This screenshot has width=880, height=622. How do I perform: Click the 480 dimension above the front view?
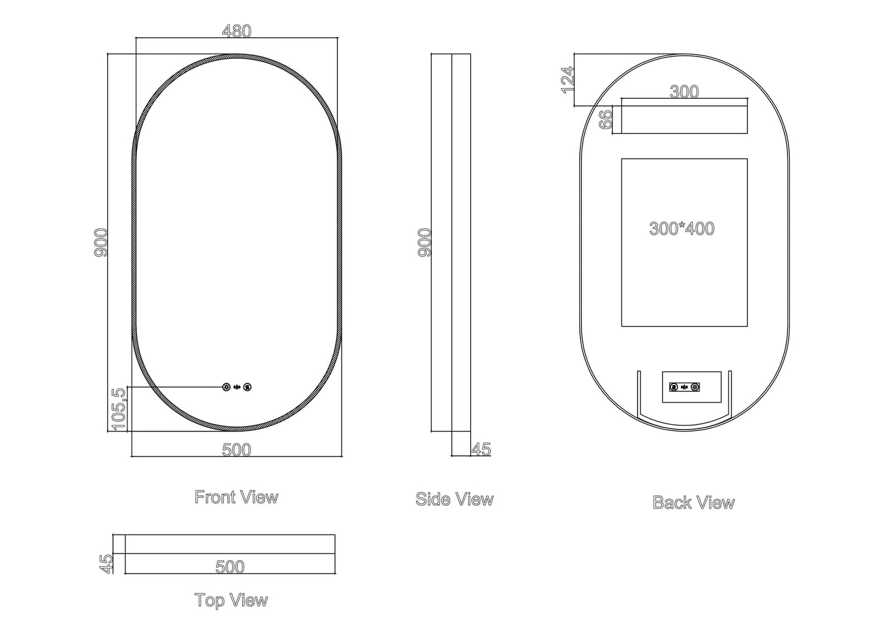coord(236,32)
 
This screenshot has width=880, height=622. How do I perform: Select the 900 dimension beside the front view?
coord(102,242)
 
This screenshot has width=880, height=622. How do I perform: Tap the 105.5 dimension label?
coord(119,408)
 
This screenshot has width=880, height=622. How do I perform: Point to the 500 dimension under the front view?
coord(236,450)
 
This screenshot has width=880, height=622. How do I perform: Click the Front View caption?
coord(236,497)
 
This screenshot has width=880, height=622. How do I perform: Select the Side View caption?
coord(454,500)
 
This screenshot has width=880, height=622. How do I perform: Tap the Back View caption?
coord(693,503)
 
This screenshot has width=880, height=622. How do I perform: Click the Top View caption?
coord(231,601)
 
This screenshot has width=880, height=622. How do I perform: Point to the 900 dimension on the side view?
coord(425,242)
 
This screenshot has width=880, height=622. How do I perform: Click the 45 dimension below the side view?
coord(481,449)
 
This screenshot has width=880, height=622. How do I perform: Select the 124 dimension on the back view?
coord(568,80)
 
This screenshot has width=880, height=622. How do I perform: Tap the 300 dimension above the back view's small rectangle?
coord(684,92)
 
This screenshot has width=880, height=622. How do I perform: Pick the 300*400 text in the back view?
coord(681,229)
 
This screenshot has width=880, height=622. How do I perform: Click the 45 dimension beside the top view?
coord(107,563)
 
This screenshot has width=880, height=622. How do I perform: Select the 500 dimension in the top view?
coord(230,567)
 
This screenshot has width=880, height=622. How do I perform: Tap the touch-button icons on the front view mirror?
coord(237,387)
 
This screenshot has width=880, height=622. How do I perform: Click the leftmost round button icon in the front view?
coord(227,387)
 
